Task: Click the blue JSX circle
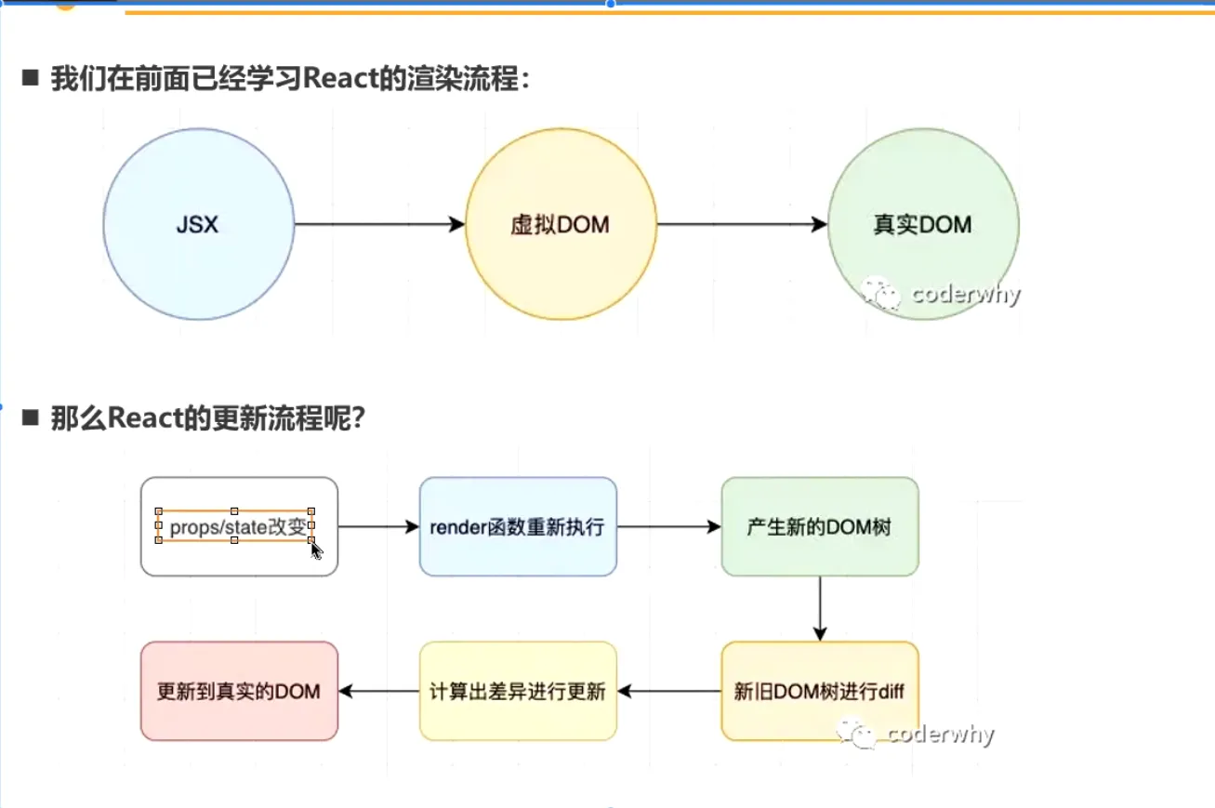pyautogui.click(x=198, y=224)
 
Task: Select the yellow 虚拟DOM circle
pyautogui.click(x=561, y=224)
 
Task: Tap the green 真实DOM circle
pyautogui.click(x=922, y=224)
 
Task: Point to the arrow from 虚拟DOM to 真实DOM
pyautogui.click(x=741, y=224)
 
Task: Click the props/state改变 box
pyautogui.click(x=239, y=527)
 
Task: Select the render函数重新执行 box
pyautogui.click(x=518, y=527)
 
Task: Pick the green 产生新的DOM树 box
pyautogui.click(x=820, y=527)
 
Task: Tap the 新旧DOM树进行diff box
pyautogui.click(x=820, y=691)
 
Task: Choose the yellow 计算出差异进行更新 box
pyautogui.click(x=518, y=691)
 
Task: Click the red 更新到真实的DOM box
pyautogui.click(x=239, y=691)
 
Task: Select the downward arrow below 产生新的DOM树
pyautogui.click(x=820, y=608)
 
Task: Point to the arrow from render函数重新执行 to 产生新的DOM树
pyautogui.click(x=668, y=527)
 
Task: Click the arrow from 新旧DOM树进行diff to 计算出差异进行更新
pyautogui.click(x=668, y=691)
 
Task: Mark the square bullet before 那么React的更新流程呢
pyautogui.click(x=31, y=418)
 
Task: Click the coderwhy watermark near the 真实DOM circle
pyautogui.click(x=941, y=295)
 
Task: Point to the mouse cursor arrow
pyautogui.click(x=316, y=550)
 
